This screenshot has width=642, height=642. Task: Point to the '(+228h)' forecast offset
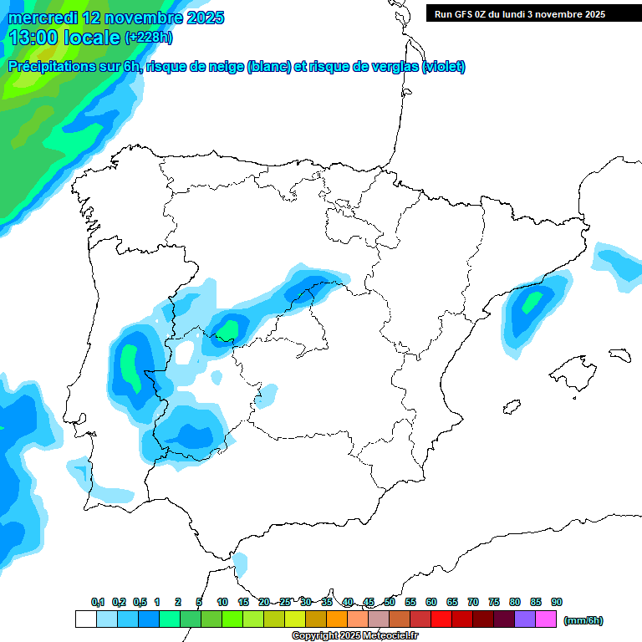(x=149, y=38)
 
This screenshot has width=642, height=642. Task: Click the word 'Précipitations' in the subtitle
(x=51, y=67)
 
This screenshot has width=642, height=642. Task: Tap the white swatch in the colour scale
(x=85, y=619)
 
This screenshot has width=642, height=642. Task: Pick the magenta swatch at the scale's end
(x=546, y=619)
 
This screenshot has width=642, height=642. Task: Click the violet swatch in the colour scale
(x=525, y=619)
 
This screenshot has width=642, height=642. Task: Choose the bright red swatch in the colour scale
(x=441, y=619)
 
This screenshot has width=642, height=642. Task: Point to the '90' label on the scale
(x=557, y=602)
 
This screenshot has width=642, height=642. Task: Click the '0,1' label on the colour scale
(x=98, y=602)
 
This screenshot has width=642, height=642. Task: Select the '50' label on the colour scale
(x=390, y=602)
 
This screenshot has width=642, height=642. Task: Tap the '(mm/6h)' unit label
(x=583, y=620)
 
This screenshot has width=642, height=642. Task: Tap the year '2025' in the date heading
(x=202, y=18)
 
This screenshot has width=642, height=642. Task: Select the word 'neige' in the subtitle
(x=223, y=67)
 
